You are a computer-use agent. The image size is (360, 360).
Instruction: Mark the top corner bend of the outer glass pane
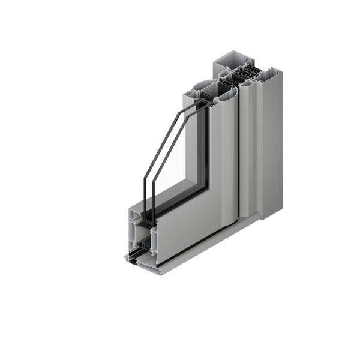coord(178,113)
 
